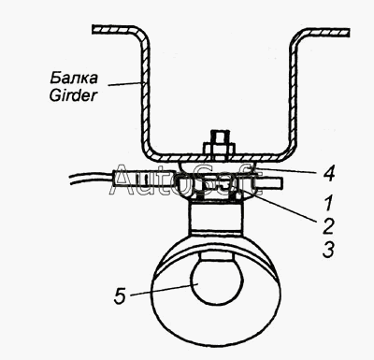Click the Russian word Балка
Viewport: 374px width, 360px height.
click(74, 78)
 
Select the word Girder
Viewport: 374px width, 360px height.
click(73, 95)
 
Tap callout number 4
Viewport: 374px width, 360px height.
click(328, 174)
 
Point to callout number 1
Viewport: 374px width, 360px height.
click(329, 202)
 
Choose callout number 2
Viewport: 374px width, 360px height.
click(327, 226)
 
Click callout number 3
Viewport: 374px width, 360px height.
click(328, 250)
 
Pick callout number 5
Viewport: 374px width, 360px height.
click(120, 295)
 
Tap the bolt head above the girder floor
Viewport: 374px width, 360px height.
click(218, 142)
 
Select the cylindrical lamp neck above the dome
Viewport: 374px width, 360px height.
click(215, 218)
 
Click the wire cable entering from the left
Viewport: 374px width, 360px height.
click(91, 179)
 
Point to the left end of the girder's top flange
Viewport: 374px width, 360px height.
click(93, 29)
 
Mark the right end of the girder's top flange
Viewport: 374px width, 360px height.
click(348, 33)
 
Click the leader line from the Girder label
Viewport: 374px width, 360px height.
click(125, 84)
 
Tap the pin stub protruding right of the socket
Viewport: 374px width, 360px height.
click(269, 182)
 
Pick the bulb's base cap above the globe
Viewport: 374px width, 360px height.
click(217, 256)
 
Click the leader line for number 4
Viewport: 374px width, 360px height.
click(286, 170)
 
